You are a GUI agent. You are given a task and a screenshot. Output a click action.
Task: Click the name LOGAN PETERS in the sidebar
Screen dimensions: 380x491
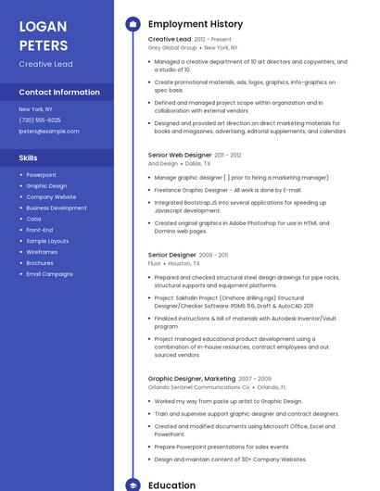coord(44,35)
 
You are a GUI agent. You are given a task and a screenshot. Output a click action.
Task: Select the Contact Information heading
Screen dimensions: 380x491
coord(59,93)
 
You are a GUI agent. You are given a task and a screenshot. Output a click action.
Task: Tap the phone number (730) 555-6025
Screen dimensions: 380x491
coord(40,120)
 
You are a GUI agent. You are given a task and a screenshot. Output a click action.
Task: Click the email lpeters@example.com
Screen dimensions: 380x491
coord(49,132)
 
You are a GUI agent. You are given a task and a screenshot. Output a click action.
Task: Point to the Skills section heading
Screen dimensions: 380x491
coord(29,158)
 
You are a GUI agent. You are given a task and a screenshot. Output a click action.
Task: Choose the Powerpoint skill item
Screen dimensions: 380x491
coord(42,174)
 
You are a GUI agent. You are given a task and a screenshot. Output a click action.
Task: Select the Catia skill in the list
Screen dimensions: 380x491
coord(33,219)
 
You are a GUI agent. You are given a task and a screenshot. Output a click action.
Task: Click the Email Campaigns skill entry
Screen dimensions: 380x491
coord(50,274)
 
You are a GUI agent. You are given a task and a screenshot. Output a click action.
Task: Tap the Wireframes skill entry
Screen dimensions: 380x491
coord(42,252)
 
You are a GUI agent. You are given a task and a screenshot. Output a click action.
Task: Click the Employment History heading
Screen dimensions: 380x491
coord(196,24)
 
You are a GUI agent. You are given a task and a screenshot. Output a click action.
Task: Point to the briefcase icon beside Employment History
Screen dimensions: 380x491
coord(133,24)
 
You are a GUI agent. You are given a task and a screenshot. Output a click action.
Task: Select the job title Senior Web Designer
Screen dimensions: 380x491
coord(180,155)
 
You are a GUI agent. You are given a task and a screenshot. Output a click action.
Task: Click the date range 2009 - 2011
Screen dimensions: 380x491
coord(214,255)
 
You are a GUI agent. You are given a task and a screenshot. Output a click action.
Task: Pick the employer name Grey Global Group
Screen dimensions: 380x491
coord(172,47)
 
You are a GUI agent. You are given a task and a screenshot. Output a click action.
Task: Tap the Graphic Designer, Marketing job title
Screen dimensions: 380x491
coord(192,379)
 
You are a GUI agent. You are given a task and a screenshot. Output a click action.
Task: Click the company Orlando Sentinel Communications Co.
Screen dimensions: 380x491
coord(199,387)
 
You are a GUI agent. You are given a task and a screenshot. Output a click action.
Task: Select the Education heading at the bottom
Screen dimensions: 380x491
coord(172,485)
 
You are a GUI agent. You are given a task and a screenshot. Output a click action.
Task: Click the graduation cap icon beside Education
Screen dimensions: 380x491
coord(133,485)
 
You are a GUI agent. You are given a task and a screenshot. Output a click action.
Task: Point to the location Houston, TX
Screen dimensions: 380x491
coord(184,263)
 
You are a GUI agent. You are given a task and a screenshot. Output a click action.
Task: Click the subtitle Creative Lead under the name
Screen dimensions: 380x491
coord(46,64)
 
